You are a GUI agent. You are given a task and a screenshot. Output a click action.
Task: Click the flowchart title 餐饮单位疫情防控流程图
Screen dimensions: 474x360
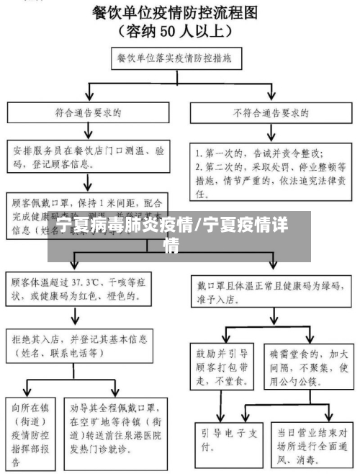(x=180, y=12)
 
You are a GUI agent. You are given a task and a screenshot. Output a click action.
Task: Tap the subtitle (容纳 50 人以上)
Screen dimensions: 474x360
(x=180, y=31)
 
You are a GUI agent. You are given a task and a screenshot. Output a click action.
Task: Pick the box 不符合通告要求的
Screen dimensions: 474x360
(x=271, y=113)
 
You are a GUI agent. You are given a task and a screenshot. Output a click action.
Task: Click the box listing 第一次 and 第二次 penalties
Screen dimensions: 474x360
(x=271, y=173)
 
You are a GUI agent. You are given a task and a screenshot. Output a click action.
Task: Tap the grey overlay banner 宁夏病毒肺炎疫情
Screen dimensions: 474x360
(x=180, y=236)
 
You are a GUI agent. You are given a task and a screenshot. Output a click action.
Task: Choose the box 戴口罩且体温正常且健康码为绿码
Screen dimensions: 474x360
(x=271, y=287)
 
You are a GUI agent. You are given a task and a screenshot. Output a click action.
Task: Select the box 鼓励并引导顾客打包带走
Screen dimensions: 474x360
(x=225, y=365)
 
